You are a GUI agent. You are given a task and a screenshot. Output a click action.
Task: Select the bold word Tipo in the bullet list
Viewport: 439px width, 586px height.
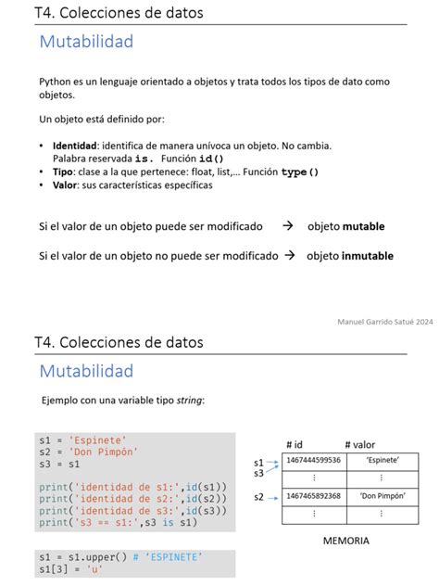[63, 172]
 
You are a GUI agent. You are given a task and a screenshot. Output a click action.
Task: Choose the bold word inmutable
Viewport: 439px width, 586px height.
[368, 256]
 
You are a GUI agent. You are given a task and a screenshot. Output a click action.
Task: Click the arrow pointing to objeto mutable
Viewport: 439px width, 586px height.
[287, 226]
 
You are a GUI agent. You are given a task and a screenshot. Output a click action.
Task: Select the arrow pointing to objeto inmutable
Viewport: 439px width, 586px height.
[289, 256]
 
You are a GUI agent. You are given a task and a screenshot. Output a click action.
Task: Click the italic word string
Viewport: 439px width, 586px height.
[188, 400]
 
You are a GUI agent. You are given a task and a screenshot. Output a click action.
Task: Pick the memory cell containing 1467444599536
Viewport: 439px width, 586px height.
[314, 460]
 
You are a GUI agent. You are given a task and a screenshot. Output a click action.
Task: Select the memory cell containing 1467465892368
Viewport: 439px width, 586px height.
[314, 496]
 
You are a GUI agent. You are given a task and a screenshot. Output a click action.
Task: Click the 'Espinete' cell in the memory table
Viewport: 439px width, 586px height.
[383, 460]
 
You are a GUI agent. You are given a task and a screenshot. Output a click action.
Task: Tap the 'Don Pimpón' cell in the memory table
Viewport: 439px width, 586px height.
[383, 496]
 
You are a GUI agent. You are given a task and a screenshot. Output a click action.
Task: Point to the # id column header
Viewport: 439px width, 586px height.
[295, 444]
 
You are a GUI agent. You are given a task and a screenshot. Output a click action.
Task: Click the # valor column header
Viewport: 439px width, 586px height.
[361, 444]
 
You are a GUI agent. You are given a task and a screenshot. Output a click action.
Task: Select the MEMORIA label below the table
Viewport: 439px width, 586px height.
[346, 540]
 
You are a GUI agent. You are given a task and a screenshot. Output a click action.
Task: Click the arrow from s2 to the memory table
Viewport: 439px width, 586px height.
[273, 497]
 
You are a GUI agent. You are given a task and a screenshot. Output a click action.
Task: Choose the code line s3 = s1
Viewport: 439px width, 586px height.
[60, 464]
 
